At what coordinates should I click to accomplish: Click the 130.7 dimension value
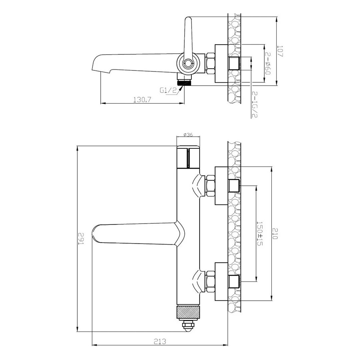pyautogui.click(x=142, y=100)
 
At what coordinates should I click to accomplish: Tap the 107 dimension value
pyautogui.click(x=280, y=51)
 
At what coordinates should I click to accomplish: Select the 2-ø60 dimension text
pyautogui.click(x=268, y=63)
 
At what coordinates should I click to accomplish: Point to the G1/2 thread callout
pyautogui.click(x=168, y=90)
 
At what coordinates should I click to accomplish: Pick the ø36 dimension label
pyautogui.click(x=188, y=135)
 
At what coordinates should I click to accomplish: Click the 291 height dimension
pyautogui.click(x=81, y=239)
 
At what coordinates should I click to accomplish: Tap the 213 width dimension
pyautogui.click(x=160, y=342)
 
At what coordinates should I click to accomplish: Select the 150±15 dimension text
pyautogui.click(x=260, y=234)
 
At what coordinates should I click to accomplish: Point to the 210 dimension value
pyautogui.click(x=275, y=233)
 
